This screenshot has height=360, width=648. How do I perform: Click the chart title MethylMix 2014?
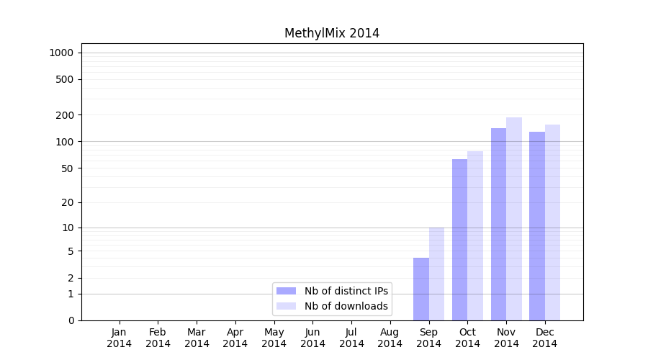pos(331,33)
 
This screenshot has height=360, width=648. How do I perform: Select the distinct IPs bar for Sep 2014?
pos(421,289)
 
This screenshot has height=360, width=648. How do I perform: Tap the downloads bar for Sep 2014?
pos(436,274)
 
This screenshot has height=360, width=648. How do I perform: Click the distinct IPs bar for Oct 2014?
pos(459,240)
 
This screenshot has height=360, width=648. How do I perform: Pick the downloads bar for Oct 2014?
pos(475,235)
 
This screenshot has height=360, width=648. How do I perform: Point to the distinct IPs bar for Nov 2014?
pos(498,224)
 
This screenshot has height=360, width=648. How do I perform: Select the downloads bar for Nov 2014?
pos(514,219)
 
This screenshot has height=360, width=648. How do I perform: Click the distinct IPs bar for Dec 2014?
pos(537,226)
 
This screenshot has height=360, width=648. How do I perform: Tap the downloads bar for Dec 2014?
pos(552,222)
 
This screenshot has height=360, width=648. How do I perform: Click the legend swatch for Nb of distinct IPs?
pos(287,291)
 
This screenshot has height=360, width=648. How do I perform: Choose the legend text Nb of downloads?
pos(346,306)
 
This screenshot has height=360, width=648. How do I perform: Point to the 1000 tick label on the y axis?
pos(61,53)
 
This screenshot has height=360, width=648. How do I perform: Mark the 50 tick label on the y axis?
pos(67,168)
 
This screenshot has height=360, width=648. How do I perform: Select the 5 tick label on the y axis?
pos(70,251)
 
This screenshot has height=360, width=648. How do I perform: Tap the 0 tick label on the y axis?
pos(70,320)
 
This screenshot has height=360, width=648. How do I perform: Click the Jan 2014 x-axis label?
pos(120,338)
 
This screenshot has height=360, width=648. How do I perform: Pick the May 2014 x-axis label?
pos(274,338)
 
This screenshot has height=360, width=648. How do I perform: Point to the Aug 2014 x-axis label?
pos(390,338)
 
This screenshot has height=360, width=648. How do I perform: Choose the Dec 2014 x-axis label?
pos(545,338)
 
